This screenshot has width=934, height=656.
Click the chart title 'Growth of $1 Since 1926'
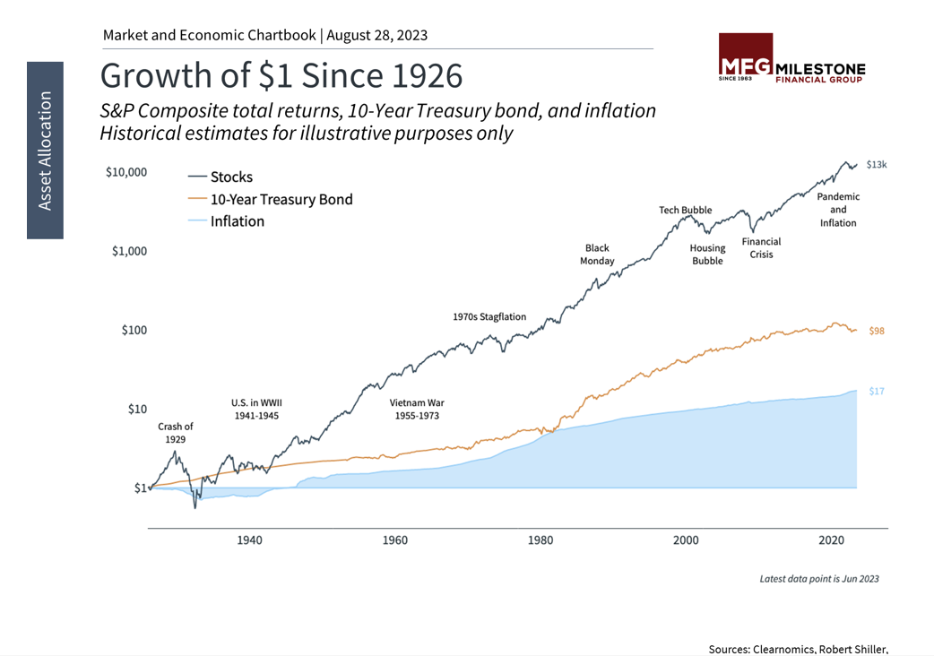pyautogui.click(x=281, y=75)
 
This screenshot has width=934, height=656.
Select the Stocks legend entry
pyautogui.click(x=231, y=177)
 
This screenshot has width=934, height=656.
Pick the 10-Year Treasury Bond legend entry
pyautogui.click(x=281, y=199)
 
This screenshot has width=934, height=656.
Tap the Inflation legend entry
pyautogui.click(x=238, y=221)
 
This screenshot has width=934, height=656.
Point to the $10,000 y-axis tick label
pyautogui.click(x=126, y=172)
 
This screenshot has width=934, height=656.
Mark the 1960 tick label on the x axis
pyautogui.click(x=394, y=540)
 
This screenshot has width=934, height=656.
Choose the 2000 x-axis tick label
pyautogui.click(x=686, y=540)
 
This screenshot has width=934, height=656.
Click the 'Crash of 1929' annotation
pyautogui.click(x=175, y=433)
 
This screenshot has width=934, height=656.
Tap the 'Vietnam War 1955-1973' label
pyautogui.click(x=416, y=410)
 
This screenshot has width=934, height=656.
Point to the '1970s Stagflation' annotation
pyautogui.click(x=489, y=316)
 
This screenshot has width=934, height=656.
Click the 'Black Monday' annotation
pyautogui.click(x=598, y=255)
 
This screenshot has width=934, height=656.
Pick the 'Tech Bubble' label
pyautogui.click(x=686, y=211)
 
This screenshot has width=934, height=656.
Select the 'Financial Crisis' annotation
pyautogui.click(x=761, y=248)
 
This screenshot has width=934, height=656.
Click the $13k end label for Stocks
pyautogui.click(x=876, y=165)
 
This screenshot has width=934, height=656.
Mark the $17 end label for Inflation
pyautogui.click(x=876, y=392)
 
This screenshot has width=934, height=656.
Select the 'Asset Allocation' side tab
pyautogui.click(x=45, y=151)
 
